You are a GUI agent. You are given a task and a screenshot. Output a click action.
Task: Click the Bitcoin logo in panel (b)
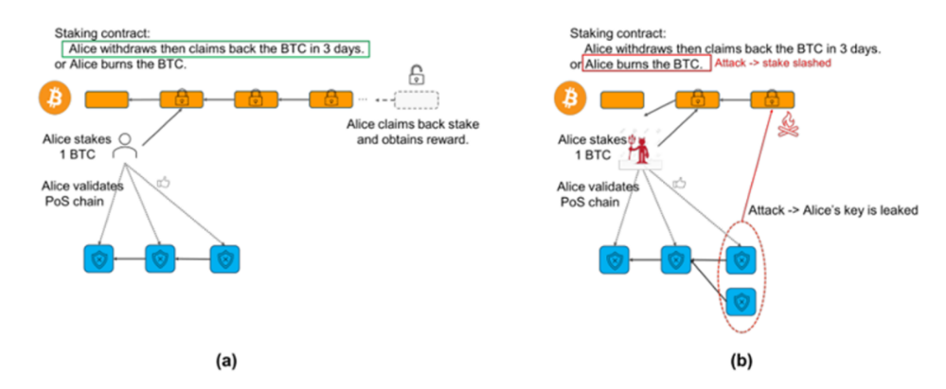[x=569, y=98]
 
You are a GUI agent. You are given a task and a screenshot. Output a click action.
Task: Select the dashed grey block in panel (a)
[x=417, y=99]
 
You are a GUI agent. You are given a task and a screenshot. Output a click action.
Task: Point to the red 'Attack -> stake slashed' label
[x=773, y=63]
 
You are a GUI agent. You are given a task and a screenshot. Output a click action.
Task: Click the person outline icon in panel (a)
[x=126, y=147]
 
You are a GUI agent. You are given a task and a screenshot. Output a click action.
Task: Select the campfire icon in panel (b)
[x=788, y=127]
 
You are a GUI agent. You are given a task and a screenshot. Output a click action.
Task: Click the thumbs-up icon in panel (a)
[x=164, y=181]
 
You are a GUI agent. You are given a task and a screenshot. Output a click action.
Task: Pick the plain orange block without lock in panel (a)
[x=107, y=99]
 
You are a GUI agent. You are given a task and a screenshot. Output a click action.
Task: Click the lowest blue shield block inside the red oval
[x=741, y=301]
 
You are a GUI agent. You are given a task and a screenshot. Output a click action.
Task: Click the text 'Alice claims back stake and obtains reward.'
[x=415, y=133]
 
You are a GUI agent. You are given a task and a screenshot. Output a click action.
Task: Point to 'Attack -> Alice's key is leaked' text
[x=833, y=211]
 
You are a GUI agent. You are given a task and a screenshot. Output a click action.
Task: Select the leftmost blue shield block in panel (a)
[x=98, y=259]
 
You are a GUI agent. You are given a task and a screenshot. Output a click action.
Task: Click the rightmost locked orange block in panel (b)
[x=773, y=99]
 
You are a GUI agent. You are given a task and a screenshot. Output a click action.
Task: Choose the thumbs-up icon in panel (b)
[x=680, y=181]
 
